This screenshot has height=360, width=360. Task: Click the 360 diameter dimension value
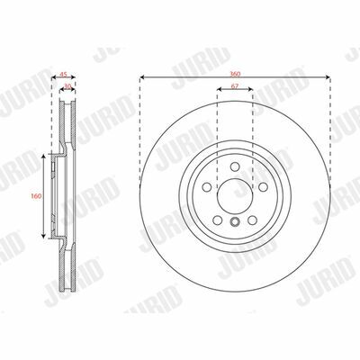pyautogui.click(x=235, y=74)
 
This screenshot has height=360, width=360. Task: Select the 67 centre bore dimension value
pyautogui.click(x=235, y=86)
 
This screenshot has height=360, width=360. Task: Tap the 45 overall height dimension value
pyautogui.click(x=63, y=74)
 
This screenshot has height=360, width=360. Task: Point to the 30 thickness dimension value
pyautogui.click(x=67, y=86)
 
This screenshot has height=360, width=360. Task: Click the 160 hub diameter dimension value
pyautogui.click(x=36, y=196)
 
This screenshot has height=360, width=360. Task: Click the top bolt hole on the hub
pyautogui.click(x=235, y=166)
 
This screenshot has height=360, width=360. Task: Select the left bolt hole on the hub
pyautogui.click(x=207, y=187)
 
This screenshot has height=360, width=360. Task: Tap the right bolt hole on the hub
pyautogui.click(x=263, y=187)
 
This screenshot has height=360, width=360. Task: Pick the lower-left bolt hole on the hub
pyautogui.click(x=217, y=220)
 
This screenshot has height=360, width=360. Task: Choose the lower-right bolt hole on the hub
pyautogui.click(x=252, y=220)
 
